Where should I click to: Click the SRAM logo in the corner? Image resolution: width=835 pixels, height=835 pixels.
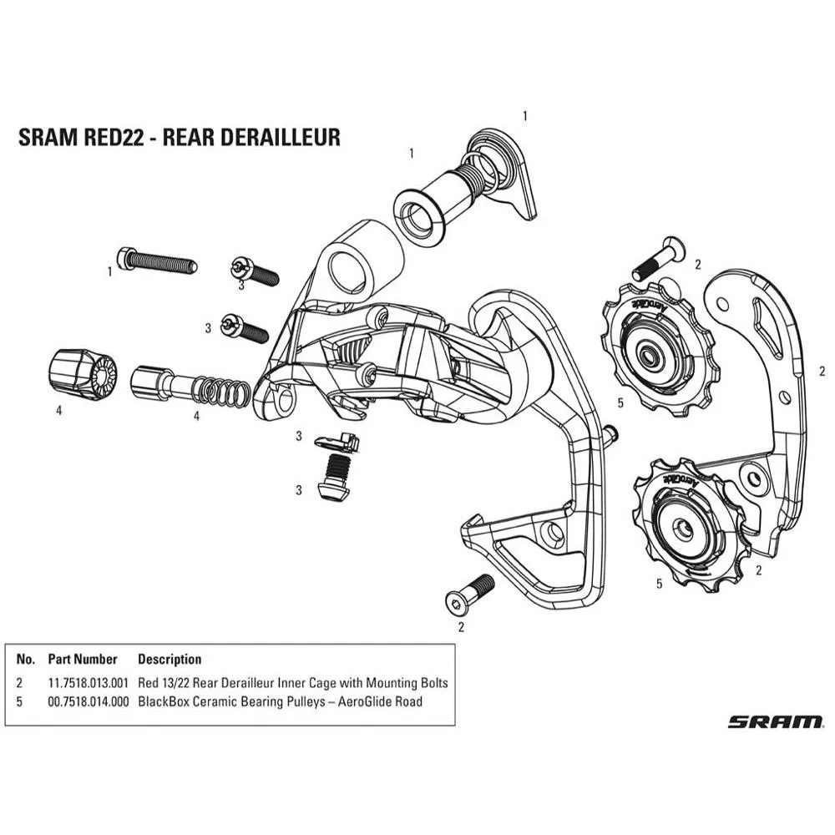[x=774, y=721]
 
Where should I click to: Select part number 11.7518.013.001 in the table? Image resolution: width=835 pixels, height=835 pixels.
[x=88, y=683]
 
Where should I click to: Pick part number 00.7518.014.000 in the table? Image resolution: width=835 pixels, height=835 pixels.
[x=88, y=701]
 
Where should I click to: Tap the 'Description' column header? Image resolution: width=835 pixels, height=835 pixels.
[x=170, y=659]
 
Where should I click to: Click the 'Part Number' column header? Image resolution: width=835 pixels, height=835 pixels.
[x=83, y=659]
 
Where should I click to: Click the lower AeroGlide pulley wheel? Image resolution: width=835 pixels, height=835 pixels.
[x=685, y=526]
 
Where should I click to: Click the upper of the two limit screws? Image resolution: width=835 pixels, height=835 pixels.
[x=255, y=272]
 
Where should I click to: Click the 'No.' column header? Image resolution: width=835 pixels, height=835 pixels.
[x=25, y=659]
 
